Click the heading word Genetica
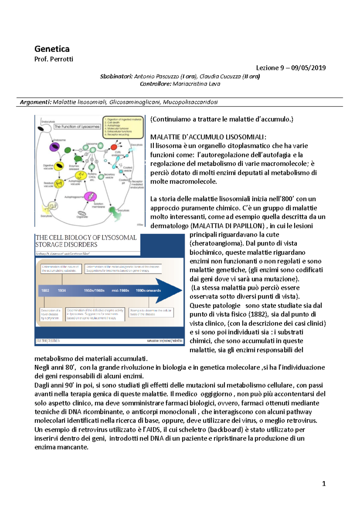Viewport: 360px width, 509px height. [52, 49]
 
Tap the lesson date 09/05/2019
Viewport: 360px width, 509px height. [308, 68]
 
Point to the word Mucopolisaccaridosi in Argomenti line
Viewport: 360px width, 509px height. [190, 102]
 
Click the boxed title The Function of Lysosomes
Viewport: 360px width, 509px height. [77, 127]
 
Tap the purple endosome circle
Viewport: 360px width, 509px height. [54, 147]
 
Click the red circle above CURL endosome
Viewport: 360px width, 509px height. [114, 147]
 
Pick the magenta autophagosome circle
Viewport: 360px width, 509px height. [90, 196]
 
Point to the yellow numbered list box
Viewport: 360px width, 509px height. [123, 127]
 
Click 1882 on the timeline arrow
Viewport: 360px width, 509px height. [45, 290]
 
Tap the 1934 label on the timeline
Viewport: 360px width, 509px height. [62, 290]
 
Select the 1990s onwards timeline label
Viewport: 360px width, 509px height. [148, 290]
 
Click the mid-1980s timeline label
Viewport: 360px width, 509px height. [120, 290]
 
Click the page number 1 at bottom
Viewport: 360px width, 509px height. [324, 484]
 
